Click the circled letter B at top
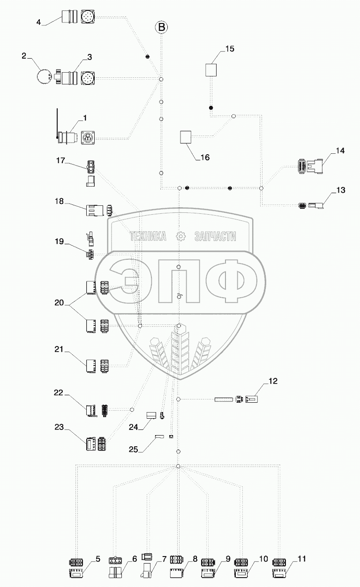tap(161, 28)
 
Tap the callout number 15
tap(229, 49)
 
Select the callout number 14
tap(339, 151)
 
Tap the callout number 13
tap(340, 190)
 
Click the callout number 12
tap(273, 381)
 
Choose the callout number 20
tap(60, 303)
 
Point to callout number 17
tap(60, 161)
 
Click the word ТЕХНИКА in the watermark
tap(149, 237)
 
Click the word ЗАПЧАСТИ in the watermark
tap(215, 237)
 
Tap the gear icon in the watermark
tap(180, 237)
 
